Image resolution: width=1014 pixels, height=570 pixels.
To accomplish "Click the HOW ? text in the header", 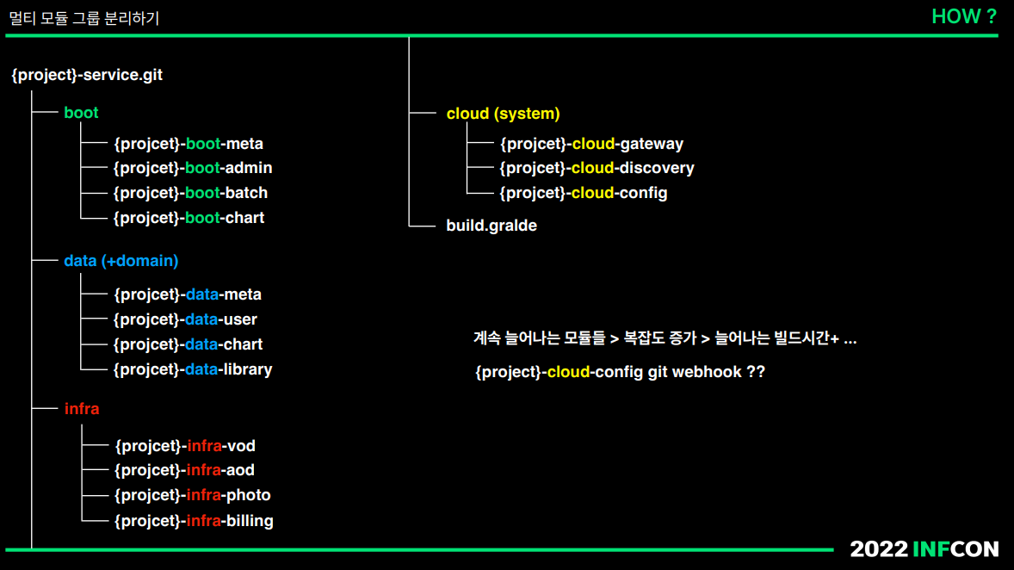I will (963, 16).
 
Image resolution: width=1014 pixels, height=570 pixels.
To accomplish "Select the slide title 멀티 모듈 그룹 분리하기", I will (83, 18).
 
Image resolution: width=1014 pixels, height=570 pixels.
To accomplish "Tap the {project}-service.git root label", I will (87, 75).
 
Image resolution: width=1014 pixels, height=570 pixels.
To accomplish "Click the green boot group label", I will (81, 113).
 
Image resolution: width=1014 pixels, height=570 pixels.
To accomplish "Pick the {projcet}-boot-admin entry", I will (193, 168).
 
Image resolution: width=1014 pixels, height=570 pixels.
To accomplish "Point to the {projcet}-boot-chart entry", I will (189, 218).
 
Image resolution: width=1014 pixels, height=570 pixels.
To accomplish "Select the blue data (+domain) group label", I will (121, 260).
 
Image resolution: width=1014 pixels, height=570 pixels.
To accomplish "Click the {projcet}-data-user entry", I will (185, 319).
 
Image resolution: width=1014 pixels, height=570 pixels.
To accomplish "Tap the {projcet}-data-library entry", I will (193, 369).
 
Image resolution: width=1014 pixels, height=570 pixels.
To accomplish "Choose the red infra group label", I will (82, 409).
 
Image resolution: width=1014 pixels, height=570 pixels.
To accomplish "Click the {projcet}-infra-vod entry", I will (185, 446).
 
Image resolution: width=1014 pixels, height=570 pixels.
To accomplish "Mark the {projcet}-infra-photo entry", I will (193, 495).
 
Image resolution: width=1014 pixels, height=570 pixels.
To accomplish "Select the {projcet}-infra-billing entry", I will (194, 520).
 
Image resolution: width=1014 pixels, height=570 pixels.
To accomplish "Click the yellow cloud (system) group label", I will (503, 114).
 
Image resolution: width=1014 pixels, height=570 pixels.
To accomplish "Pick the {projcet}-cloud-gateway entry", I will (591, 144).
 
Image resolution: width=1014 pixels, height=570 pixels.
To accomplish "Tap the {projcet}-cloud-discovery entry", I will (597, 168).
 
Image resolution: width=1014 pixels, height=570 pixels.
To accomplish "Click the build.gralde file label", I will (491, 226).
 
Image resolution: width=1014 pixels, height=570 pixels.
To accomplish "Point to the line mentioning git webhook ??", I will (620, 372).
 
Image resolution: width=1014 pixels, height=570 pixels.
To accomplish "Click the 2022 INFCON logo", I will (924, 549).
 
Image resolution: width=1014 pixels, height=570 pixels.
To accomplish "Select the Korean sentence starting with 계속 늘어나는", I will (665, 338).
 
